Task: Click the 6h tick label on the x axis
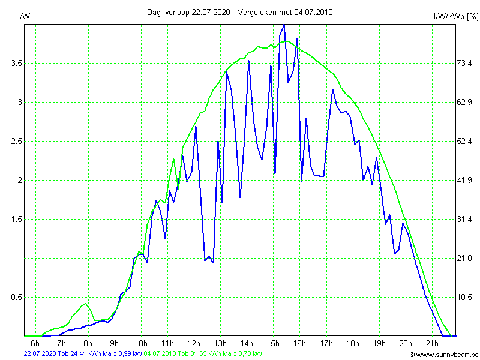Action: tap(35, 343)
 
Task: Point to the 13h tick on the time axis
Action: tap(220, 343)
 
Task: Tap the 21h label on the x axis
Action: tap(432, 343)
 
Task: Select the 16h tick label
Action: tap(299, 343)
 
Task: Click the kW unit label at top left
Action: tap(25, 17)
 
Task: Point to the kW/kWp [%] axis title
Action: tap(455, 17)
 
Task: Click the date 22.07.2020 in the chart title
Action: tap(211, 12)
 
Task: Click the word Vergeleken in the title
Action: tap(257, 12)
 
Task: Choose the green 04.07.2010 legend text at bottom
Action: tap(160, 354)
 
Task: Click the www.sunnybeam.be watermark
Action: tap(444, 355)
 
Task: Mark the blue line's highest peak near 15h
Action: tap(284, 25)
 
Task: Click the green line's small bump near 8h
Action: tap(86, 304)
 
